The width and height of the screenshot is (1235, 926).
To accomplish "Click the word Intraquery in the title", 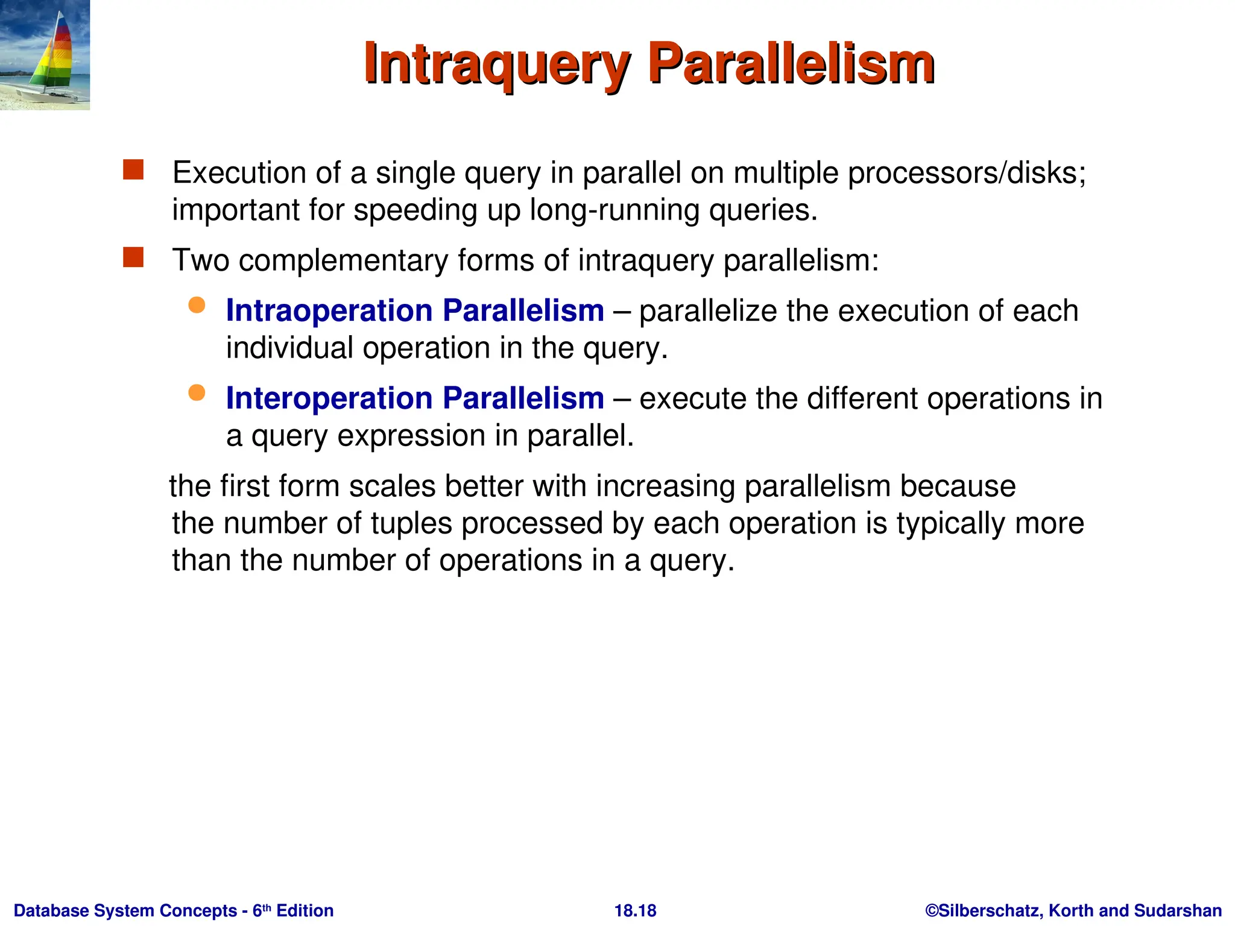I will tap(497, 65).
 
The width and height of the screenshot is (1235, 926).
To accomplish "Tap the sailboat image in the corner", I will tap(45, 55).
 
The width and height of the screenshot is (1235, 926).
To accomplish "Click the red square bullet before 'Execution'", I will tap(133, 170).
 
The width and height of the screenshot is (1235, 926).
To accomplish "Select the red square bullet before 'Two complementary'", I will tap(133, 257).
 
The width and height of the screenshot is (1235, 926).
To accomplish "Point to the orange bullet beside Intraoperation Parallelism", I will tap(197, 305).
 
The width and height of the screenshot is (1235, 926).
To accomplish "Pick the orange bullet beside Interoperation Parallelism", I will tap(197, 393).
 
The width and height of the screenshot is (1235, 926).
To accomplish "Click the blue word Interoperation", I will tap(329, 398).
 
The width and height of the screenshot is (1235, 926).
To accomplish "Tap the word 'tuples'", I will tap(411, 523).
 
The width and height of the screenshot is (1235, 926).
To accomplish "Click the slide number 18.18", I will tap(635, 910).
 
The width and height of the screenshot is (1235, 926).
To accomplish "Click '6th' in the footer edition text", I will tap(261, 910).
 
